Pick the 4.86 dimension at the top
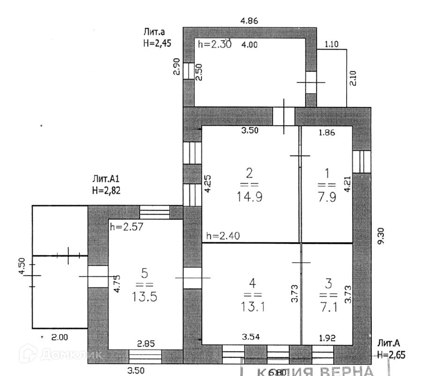click(250, 21)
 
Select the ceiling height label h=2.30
click(215, 45)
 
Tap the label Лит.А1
click(105, 179)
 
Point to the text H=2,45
click(158, 44)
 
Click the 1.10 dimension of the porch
click(331, 44)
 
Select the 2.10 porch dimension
click(354, 78)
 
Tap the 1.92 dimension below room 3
click(327, 337)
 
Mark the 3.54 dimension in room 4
click(251, 337)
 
